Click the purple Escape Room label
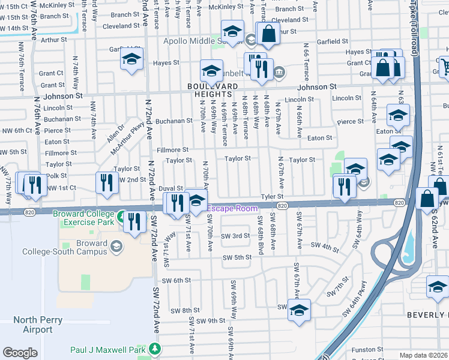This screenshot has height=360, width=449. pos(232,208)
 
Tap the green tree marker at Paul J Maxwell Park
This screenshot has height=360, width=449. pos(155,349)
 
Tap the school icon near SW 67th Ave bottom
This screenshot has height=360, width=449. pos(298,310)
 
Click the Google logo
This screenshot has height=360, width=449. pos(20,353)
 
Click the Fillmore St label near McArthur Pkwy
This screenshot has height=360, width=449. pos(172,149)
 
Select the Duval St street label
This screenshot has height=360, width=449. pos(170,188)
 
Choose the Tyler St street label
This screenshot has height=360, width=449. pos(272,197)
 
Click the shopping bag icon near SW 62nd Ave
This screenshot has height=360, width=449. pos(426,200)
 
